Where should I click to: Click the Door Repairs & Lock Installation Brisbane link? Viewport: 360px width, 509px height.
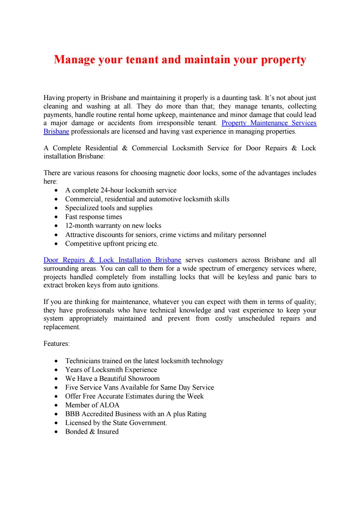tap(112, 260)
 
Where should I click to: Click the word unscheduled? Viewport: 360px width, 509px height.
tap(256, 319)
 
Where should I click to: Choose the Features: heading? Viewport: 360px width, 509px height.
tap(56, 344)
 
